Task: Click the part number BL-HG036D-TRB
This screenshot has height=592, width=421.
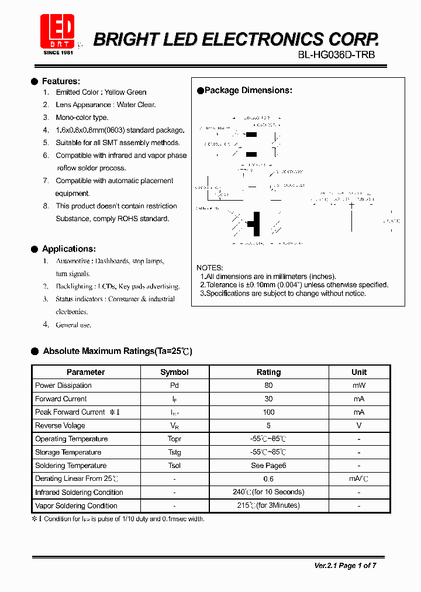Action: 337,55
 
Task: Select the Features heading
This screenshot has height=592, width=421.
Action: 61,81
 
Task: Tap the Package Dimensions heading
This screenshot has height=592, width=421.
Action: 248,90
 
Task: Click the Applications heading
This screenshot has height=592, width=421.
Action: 68,249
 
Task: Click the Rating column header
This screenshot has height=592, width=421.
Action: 268,372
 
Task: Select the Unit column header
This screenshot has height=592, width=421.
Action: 359,372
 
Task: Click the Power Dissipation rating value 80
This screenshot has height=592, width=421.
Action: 268,386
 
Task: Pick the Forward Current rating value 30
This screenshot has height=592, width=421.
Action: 268,399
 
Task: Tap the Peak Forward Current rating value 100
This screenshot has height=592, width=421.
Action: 268,412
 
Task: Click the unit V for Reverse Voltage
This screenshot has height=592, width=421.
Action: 359,426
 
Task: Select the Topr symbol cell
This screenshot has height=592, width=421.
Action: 174,439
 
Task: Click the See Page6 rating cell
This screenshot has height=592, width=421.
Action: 268,466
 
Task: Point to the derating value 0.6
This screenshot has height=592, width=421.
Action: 268,479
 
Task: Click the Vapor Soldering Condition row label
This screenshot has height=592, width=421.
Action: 76,506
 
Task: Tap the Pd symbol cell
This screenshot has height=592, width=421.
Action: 174,386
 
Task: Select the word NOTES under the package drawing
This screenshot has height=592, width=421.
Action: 209,268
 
